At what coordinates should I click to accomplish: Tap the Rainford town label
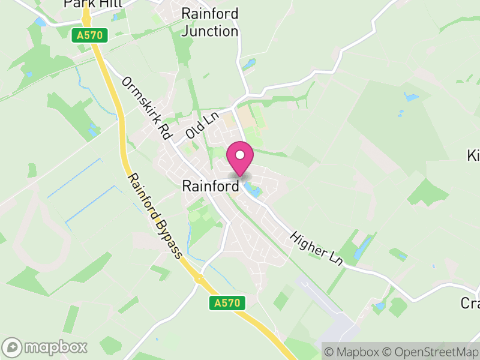coord(210,187)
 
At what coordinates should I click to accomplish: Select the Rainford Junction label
coord(210,22)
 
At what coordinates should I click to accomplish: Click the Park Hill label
coord(93,4)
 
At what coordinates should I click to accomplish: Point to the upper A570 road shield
coord(89,36)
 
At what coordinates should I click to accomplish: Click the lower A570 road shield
coord(229,303)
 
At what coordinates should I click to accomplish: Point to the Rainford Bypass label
coord(155,216)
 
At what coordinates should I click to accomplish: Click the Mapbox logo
coord(46,347)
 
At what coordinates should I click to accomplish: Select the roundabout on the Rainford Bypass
coord(197,278)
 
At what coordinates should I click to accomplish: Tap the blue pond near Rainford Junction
coord(248,63)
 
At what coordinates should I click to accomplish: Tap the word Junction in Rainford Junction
coord(210,31)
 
